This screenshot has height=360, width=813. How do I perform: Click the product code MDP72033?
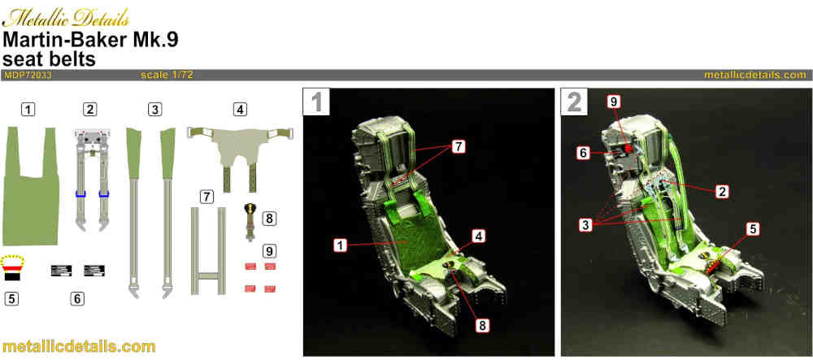[x=28, y=75]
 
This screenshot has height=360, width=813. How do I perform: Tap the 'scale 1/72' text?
[x=167, y=75]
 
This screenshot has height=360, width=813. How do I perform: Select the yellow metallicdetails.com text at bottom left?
[x=79, y=346]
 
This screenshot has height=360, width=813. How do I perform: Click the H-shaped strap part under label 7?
[x=208, y=251]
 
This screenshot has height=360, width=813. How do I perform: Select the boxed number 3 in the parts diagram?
[x=154, y=109]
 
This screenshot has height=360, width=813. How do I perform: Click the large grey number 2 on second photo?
[x=574, y=102]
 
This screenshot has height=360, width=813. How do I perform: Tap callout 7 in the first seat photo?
[x=457, y=147]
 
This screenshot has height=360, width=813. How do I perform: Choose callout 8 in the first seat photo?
[x=481, y=325]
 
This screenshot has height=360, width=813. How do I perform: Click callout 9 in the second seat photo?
[x=615, y=102]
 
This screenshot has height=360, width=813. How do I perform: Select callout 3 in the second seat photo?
[x=586, y=225]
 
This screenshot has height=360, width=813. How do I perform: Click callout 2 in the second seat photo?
[x=721, y=192]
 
